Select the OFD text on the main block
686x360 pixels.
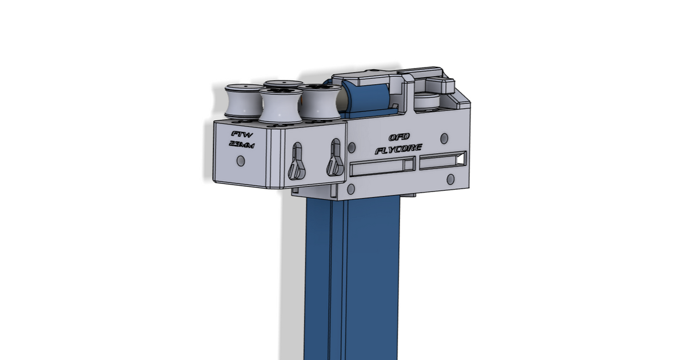399,138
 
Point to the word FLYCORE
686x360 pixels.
399,149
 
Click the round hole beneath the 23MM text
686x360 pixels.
240,162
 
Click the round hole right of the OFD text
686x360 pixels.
444,138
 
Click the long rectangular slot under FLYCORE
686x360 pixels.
382,167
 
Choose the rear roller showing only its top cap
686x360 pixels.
284,84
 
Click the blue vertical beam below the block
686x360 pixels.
349,274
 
